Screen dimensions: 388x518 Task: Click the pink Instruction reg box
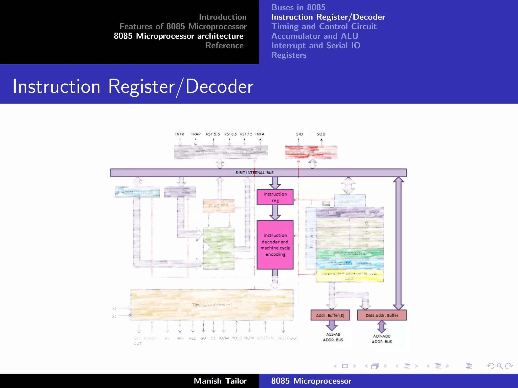[x=275, y=197]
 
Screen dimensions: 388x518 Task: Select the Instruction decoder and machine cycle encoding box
[x=275, y=245]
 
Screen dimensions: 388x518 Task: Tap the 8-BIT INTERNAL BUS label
[x=254, y=173]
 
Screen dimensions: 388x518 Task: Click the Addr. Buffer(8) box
[x=330, y=315]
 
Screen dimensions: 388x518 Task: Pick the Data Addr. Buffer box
[x=382, y=315]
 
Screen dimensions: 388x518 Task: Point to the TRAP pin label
[x=196, y=134]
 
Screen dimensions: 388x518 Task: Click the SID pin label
[x=299, y=134]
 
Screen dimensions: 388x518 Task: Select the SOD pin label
[x=321, y=134]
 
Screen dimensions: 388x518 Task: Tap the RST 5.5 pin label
[x=213, y=134]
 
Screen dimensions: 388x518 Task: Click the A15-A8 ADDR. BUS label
[x=333, y=337]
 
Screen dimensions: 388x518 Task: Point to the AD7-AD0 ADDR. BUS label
[x=382, y=339]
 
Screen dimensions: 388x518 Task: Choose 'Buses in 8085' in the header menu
[x=298, y=7]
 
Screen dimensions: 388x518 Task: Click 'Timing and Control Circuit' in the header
[x=324, y=27]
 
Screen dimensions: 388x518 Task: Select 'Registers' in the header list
[x=289, y=55]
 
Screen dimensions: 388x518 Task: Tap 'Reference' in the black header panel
[x=224, y=45]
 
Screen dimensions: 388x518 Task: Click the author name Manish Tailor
[x=220, y=381]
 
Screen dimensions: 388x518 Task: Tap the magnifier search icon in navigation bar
[x=500, y=366]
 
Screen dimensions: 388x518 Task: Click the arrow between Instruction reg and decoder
[x=275, y=212]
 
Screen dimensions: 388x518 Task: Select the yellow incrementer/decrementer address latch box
[x=350, y=276]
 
